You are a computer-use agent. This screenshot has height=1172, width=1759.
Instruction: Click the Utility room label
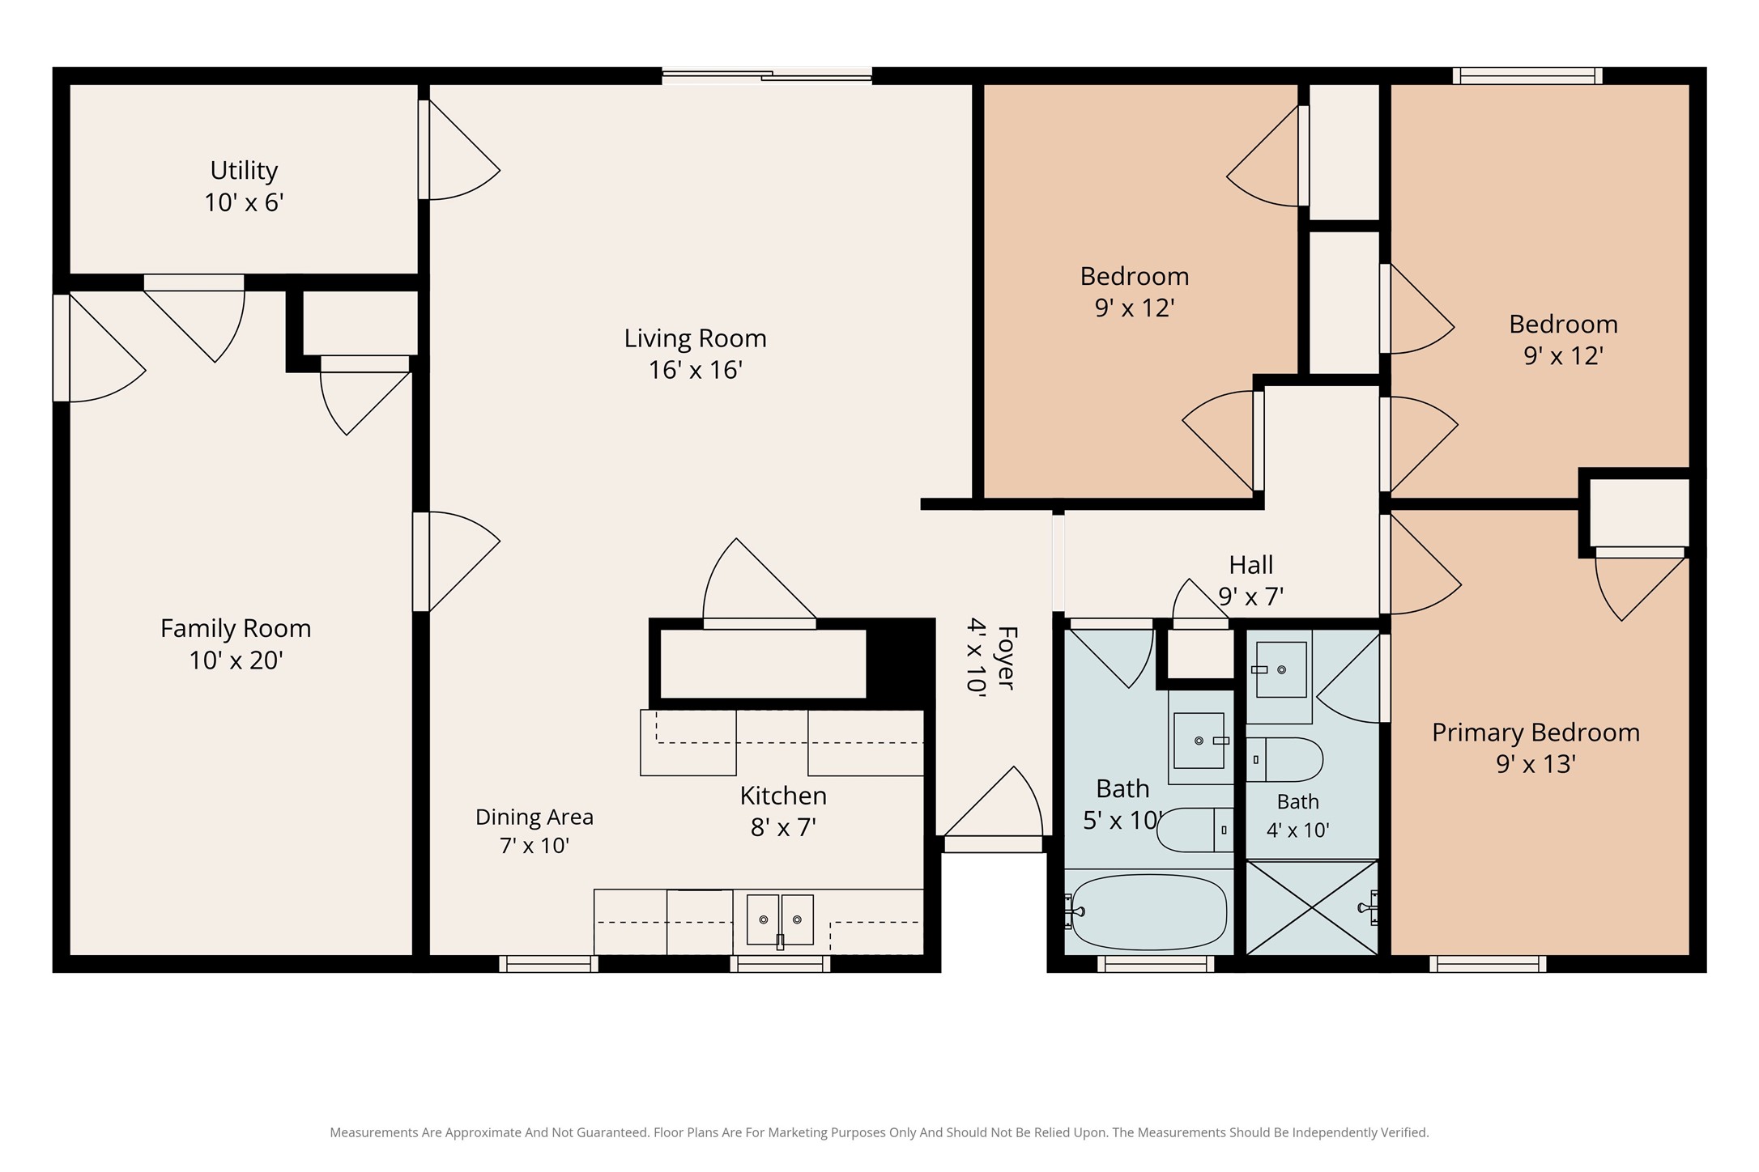[x=244, y=171]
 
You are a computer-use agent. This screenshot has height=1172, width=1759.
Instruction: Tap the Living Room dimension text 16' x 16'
[x=696, y=371]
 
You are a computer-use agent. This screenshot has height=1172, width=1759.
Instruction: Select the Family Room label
[x=236, y=629]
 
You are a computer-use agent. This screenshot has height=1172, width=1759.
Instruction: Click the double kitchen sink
[x=780, y=919]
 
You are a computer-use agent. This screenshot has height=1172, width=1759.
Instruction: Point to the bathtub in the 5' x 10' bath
[x=1149, y=911]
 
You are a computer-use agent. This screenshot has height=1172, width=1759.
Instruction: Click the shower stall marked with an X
[x=1312, y=907]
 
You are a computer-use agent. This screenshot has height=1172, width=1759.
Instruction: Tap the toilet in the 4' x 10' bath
[x=1284, y=759]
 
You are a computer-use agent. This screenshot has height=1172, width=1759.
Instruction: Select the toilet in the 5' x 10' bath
[x=1195, y=830]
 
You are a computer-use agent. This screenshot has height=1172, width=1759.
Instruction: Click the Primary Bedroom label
[x=1535, y=732]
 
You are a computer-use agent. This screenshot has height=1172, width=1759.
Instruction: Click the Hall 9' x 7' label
[x=1251, y=580]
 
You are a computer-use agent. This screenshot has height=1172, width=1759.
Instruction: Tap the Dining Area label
[x=535, y=817]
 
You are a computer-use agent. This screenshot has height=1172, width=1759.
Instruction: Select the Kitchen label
[x=783, y=796]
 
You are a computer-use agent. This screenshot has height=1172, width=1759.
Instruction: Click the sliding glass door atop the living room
[x=767, y=76]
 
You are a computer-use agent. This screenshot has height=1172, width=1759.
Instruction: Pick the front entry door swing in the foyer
[x=993, y=802]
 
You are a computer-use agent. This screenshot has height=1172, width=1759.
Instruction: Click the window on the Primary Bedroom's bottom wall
[x=1488, y=964]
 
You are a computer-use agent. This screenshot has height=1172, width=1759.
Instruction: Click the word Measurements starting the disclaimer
[x=373, y=1132]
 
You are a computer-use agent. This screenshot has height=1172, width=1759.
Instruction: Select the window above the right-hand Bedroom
[x=1527, y=76]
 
